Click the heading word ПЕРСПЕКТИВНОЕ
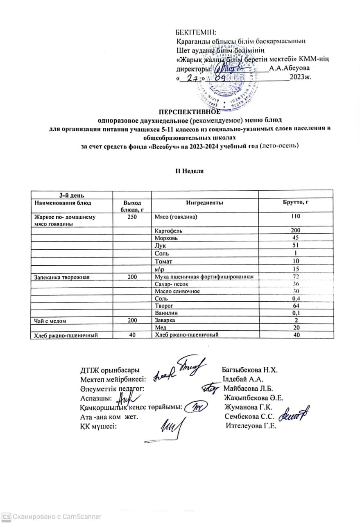[x=189, y=112]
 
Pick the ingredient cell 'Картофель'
[x=168, y=231]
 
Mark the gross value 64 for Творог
[x=296, y=306]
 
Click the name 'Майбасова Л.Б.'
[x=249, y=388]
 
